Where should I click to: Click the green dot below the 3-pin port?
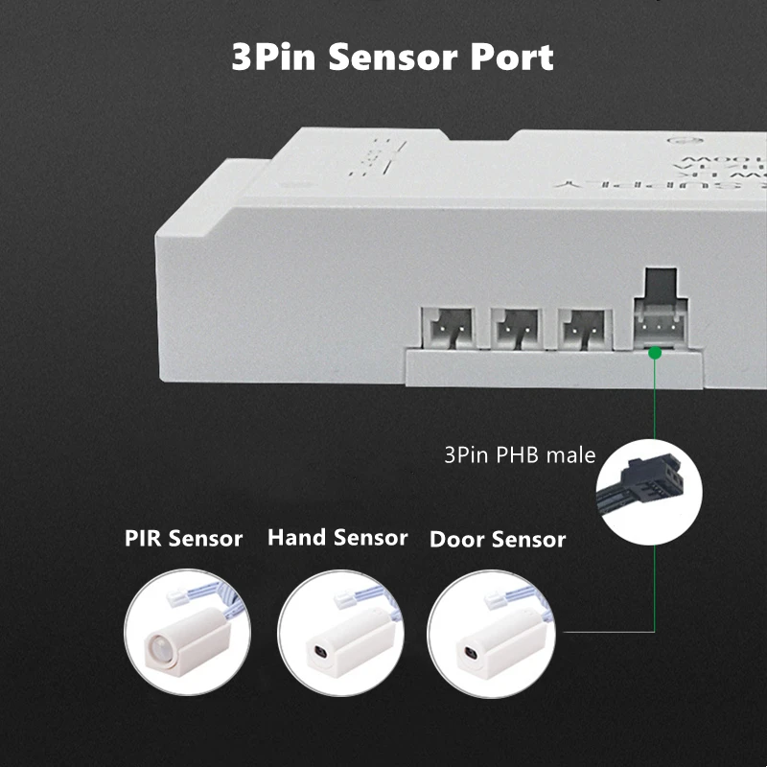coord(655,353)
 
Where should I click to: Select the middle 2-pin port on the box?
coord(514,329)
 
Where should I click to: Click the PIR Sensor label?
coord(183,538)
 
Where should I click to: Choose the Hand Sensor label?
coord(337,537)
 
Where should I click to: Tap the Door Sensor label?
coord(497,539)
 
